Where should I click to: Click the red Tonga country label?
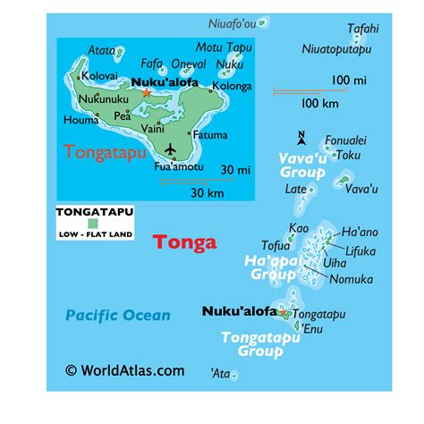[x=185, y=242]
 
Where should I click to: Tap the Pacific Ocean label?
[x=117, y=314]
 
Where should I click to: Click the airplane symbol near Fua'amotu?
[x=172, y=148]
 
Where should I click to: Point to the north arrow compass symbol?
[x=301, y=137]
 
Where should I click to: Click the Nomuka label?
[x=352, y=280]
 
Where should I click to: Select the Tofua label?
[x=275, y=246]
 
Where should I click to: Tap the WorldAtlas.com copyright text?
[x=124, y=370]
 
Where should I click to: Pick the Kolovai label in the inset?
[x=99, y=77]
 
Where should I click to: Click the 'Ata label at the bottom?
[x=219, y=372]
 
